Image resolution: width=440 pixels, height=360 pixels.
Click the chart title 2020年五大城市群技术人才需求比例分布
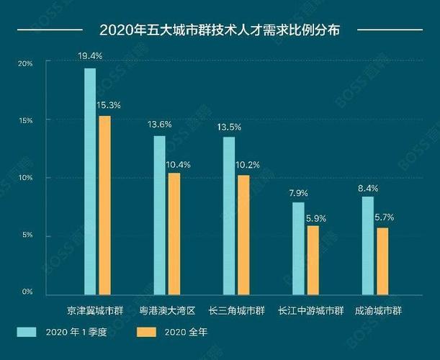[x=220, y=30]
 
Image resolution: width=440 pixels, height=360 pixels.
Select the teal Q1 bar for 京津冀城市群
[x=90, y=180]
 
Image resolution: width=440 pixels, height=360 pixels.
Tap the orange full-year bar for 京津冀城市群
[x=105, y=204]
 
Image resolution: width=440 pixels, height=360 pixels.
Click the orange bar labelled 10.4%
[x=174, y=233]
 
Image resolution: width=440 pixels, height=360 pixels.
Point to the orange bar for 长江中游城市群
[x=313, y=260]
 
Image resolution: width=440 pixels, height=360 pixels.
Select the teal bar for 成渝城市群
[x=368, y=245]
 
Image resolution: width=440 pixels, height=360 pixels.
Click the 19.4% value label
[x=90, y=55]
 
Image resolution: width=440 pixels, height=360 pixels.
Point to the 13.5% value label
[x=229, y=127]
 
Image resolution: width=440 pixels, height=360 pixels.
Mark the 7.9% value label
[x=298, y=192]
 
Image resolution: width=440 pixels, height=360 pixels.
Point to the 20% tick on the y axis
[x=26, y=63]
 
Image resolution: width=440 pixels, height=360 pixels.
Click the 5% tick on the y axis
[x=27, y=235]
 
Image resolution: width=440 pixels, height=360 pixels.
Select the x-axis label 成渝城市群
[x=378, y=311]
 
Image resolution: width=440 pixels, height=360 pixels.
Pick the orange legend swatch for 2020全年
[x=147, y=332]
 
